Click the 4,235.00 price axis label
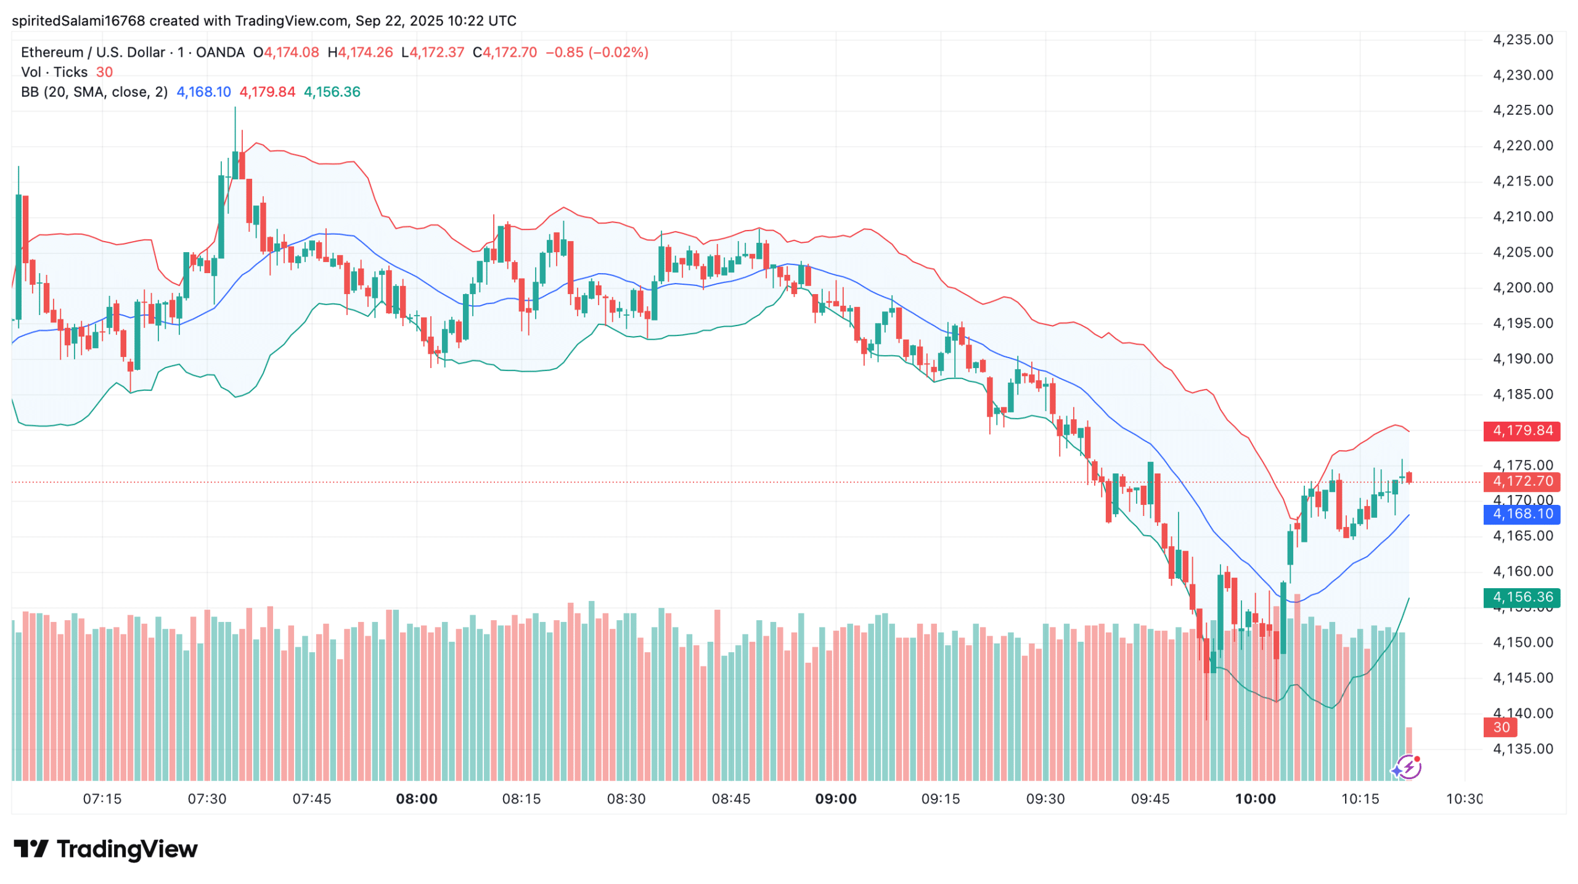(1522, 40)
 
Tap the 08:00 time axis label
(416, 799)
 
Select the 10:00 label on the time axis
(1254, 799)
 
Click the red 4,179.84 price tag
(1521, 430)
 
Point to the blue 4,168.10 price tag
(1521, 514)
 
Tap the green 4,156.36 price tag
(1521, 597)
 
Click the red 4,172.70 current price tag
(1521, 481)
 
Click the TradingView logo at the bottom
(105, 849)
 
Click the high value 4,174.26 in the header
(364, 52)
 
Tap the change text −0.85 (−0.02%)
(596, 52)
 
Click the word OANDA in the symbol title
(220, 52)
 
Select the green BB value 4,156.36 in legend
(332, 92)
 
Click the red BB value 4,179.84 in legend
(267, 92)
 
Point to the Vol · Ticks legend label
(54, 72)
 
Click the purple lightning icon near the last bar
(1407, 767)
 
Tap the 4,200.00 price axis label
(1522, 288)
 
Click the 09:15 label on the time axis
(940, 799)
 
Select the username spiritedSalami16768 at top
(78, 21)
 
